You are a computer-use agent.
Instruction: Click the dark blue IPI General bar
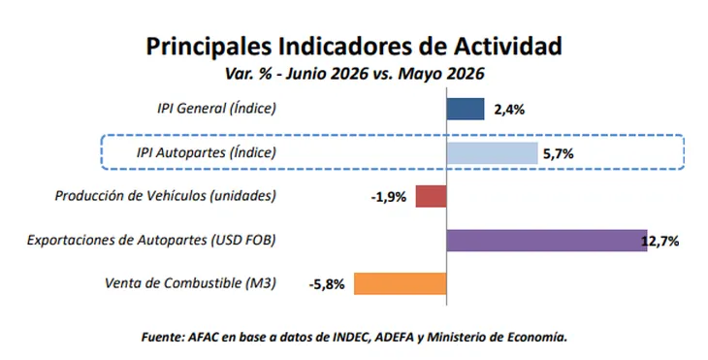point(466,109)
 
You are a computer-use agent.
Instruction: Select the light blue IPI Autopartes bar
point(492,153)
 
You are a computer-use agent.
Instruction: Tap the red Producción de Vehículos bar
point(432,196)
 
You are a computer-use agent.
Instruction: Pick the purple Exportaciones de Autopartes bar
point(547,241)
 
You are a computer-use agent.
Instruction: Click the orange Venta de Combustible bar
point(400,283)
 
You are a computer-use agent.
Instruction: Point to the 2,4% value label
point(509,110)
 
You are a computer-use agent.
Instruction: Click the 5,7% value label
point(558,154)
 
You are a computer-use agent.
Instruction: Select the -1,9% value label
point(388,197)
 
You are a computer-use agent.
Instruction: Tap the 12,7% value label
point(660,242)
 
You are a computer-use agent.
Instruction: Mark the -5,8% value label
point(327,285)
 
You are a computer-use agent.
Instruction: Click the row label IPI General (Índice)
point(216,109)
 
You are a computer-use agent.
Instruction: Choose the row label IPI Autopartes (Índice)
point(206,152)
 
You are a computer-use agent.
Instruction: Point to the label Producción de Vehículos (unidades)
point(165,196)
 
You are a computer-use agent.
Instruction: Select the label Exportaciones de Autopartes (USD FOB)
point(151,240)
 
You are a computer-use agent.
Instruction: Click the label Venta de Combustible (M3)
point(190,283)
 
